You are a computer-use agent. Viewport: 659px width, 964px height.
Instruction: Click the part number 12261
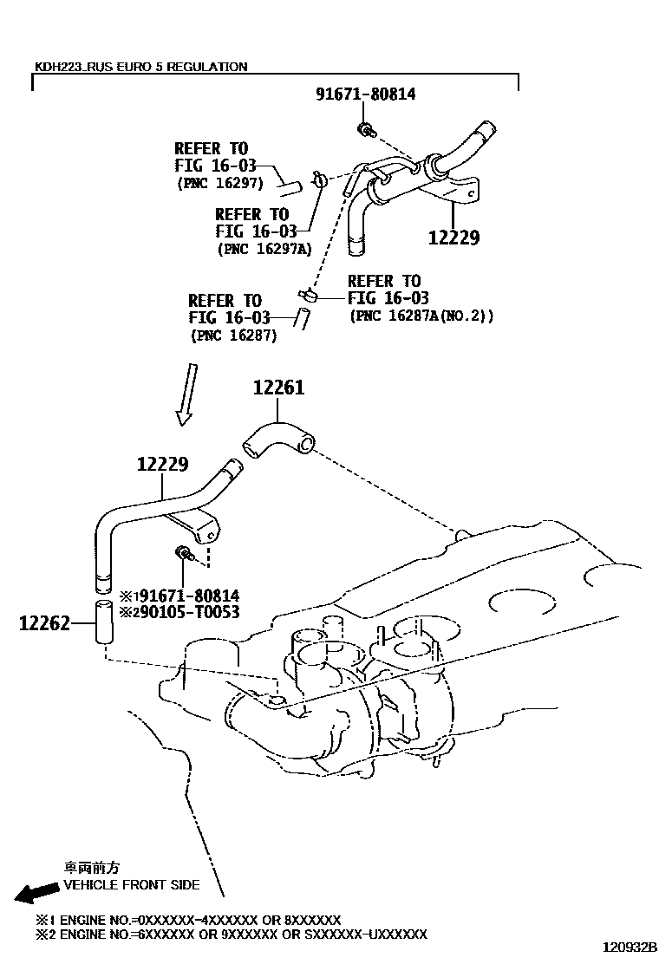point(278,388)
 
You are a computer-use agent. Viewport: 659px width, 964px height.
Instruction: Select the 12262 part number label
point(44,623)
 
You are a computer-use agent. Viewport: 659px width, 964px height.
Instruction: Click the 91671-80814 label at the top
point(366,94)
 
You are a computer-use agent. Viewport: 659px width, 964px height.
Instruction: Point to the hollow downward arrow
point(186,394)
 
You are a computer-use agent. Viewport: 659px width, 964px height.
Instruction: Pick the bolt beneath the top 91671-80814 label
point(366,129)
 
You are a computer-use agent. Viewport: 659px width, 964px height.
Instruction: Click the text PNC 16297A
point(264,250)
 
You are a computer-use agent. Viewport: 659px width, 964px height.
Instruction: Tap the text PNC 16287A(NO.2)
point(421,316)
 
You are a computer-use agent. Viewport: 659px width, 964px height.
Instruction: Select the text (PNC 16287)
point(233,335)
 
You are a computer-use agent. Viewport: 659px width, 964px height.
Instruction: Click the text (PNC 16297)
point(220,183)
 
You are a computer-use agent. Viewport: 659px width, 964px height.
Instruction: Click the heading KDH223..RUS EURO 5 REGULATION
point(140,67)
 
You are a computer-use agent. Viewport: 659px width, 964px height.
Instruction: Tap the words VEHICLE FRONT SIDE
point(132,885)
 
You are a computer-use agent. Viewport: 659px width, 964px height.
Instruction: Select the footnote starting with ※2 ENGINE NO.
point(231,935)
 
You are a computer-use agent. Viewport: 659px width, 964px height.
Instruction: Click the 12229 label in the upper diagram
point(453,238)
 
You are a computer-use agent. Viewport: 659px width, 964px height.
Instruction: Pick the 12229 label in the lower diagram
point(162,464)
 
